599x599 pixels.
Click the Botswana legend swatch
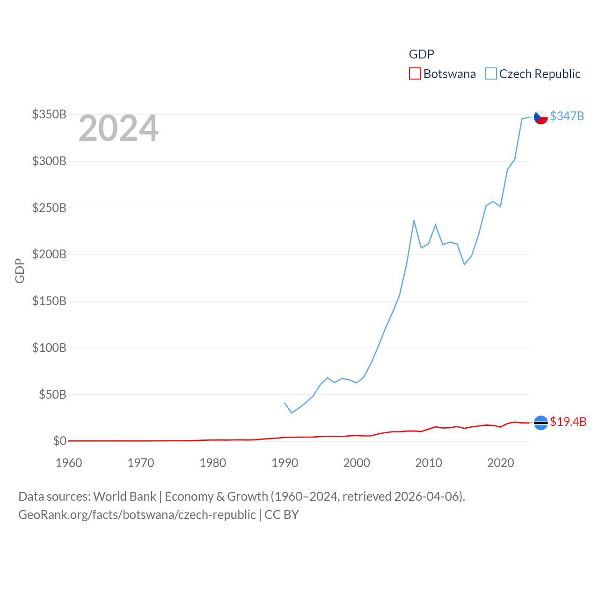(x=415, y=74)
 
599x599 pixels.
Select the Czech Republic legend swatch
(x=490, y=74)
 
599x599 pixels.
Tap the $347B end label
(x=567, y=116)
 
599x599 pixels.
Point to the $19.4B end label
(x=568, y=422)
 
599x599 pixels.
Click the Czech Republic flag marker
(x=541, y=117)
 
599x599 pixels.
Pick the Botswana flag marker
(x=541, y=423)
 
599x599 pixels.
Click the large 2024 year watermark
(x=118, y=129)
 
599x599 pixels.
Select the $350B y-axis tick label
(x=49, y=115)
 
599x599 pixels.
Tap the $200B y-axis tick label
(x=49, y=255)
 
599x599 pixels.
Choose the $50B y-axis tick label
(x=52, y=394)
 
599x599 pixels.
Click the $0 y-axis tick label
(x=59, y=441)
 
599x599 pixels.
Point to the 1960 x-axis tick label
(x=69, y=463)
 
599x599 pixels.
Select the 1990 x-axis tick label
(x=285, y=463)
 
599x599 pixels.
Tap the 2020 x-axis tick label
(x=500, y=463)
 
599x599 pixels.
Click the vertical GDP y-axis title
(x=20, y=270)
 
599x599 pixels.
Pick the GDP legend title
(x=421, y=54)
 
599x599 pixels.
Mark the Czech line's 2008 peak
(x=414, y=220)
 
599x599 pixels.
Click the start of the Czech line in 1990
(x=285, y=403)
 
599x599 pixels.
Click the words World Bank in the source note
(x=124, y=497)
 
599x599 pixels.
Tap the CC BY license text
(x=281, y=515)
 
